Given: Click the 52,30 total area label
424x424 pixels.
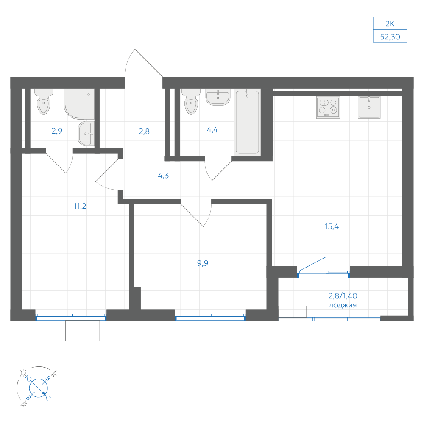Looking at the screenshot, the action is pyautogui.click(x=390, y=37).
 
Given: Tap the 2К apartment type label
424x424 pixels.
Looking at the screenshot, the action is pyautogui.click(x=390, y=24).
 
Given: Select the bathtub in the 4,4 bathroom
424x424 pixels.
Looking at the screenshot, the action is pyautogui.click(x=248, y=122).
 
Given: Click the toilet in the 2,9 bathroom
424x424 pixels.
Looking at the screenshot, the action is pyautogui.click(x=44, y=102).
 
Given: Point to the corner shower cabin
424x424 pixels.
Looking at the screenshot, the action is pyautogui.click(x=79, y=104).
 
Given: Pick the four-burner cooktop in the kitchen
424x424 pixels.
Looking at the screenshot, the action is pyautogui.click(x=328, y=108).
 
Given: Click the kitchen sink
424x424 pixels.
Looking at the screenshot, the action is pyautogui.click(x=369, y=107).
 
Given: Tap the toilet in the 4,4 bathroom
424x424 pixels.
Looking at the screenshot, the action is pyautogui.click(x=191, y=102).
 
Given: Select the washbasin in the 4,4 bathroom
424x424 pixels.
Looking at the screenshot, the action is pyautogui.click(x=218, y=97).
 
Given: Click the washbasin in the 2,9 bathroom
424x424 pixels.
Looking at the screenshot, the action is pyautogui.click(x=86, y=133).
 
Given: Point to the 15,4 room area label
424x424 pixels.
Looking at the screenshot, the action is pyautogui.click(x=332, y=226).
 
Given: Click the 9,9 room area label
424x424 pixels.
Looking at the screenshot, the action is pyautogui.click(x=203, y=263).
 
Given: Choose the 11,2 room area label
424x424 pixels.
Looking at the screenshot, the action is pyautogui.click(x=80, y=206).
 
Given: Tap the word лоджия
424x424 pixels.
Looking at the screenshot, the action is pyautogui.click(x=343, y=305).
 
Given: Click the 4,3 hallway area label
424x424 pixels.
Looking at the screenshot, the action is pyautogui.click(x=163, y=176).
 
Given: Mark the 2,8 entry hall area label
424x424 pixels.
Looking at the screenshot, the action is pyautogui.click(x=144, y=131).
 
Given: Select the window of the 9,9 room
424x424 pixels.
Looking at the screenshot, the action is pyautogui.click(x=210, y=317).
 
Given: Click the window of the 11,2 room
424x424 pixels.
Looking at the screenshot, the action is pyautogui.click(x=71, y=317).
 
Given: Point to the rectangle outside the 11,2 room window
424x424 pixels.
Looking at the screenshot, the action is pyautogui.click(x=83, y=330).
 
